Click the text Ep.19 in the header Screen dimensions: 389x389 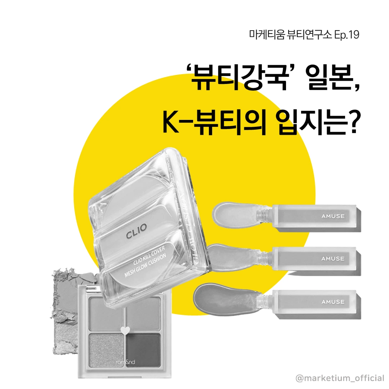[x=346, y=35]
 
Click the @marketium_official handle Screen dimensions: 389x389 [x=340, y=378]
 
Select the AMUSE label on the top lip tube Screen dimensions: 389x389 [x=333, y=216]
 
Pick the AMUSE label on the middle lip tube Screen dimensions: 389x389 [x=333, y=259]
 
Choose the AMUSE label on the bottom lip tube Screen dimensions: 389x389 [x=333, y=302]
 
